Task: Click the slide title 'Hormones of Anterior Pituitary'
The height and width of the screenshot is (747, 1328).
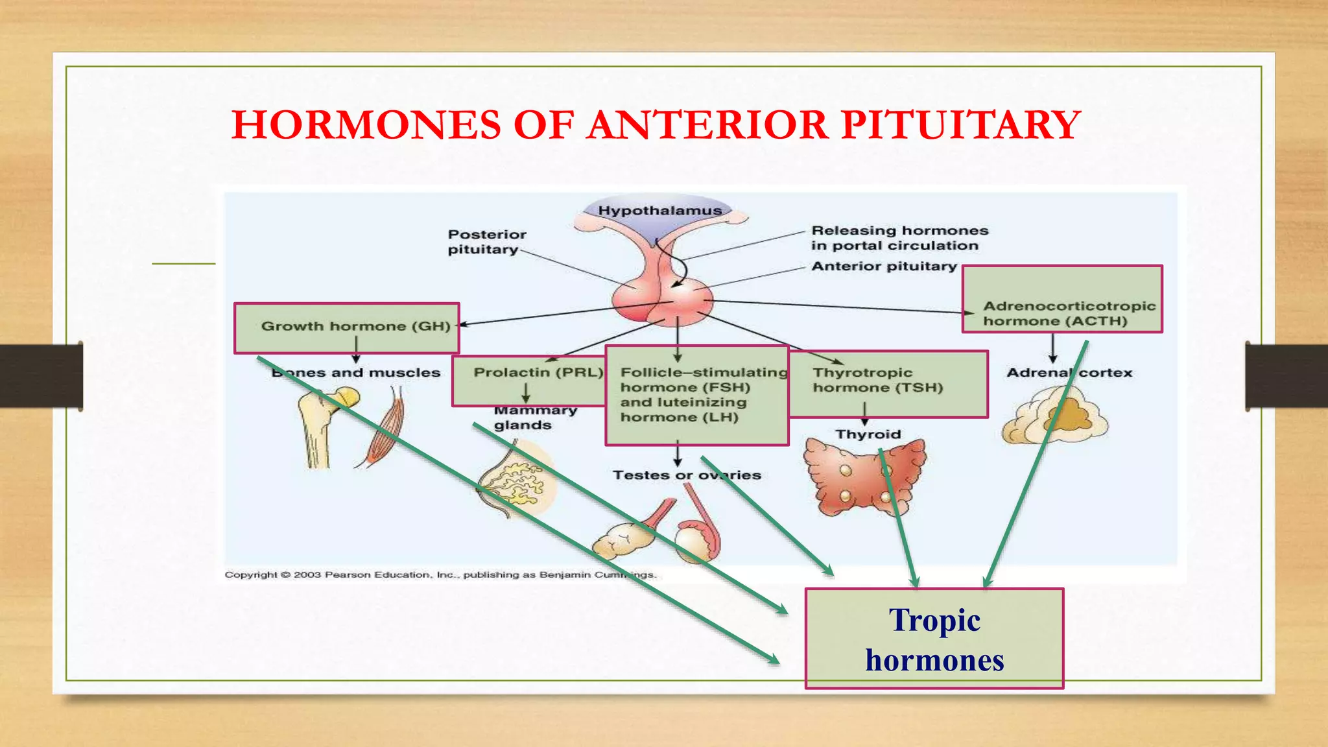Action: click(x=656, y=124)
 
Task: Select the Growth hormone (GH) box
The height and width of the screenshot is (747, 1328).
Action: click(x=347, y=327)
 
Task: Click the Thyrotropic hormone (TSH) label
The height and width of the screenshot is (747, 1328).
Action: click(x=878, y=380)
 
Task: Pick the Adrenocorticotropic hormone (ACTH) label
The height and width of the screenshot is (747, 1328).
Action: click(x=1069, y=313)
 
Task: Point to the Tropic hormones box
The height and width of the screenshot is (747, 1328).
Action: click(x=934, y=639)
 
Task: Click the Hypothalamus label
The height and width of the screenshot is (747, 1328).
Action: click(x=659, y=211)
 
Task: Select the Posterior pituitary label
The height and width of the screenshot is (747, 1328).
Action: click(x=486, y=242)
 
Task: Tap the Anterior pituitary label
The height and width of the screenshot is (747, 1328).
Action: click(x=884, y=267)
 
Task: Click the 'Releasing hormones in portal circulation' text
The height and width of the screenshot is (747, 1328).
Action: click(x=899, y=238)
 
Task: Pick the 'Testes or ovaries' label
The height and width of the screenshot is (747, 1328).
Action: click(x=686, y=475)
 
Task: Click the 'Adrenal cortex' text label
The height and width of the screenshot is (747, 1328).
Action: click(x=1069, y=373)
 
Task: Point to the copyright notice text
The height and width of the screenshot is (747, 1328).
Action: click(x=440, y=575)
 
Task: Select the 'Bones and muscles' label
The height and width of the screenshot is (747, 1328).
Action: click(x=356, y=373)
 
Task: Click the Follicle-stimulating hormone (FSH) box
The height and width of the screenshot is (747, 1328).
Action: click(x=696, y=395)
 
